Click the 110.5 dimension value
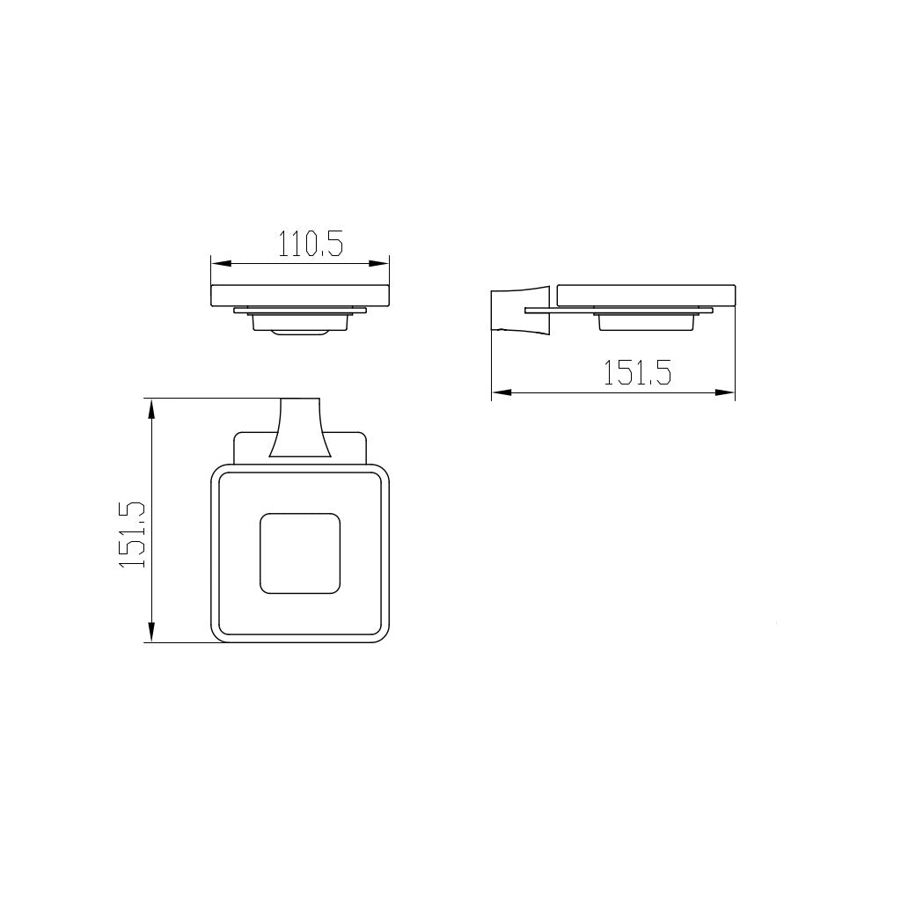(x=311, y=244)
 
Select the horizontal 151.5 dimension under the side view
(x=636, y=373)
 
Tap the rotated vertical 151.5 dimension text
(x=132, y=535)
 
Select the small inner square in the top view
(x=299, y=553)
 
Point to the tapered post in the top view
(x=299, y=429)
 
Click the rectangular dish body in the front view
(x=299, y=295)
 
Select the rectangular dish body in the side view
(x=647, y=295)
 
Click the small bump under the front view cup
(x=299, y=333)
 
